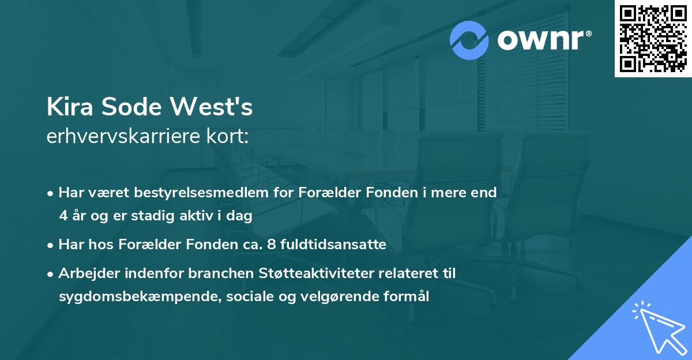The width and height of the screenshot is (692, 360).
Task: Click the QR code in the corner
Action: (653, 38)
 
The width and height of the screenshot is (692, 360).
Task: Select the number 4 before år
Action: (63, 216)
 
